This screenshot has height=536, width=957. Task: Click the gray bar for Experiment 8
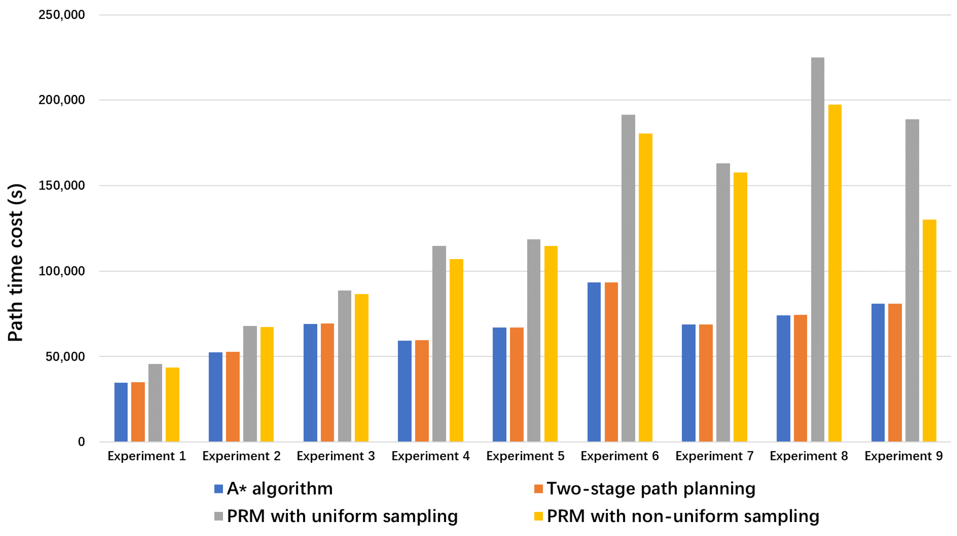[x=817, y=249]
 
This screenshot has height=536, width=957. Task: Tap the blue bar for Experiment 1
[x=121, y=412]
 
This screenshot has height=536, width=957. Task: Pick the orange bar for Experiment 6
[x=611, y=362]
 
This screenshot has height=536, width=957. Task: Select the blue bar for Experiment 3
[x=310, y=383]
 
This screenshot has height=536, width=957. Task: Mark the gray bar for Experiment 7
[x=723, y=302]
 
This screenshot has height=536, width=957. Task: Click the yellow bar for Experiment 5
[x=551, y=343]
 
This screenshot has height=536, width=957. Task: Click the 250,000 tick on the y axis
[x=62, y=15]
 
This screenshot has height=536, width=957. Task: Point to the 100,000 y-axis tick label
[x=62, y=271]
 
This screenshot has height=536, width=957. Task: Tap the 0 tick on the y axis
[x=81, y=442]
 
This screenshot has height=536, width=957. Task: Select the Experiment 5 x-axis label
[x=525, y=456]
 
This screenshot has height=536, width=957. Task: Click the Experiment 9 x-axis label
[x=903, y=456]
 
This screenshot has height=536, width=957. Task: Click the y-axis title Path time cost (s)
[x=15, y=263]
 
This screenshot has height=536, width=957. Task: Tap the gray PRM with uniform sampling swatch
[x=219, y=516]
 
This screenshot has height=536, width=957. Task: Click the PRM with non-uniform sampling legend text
[x=683, y=516]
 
